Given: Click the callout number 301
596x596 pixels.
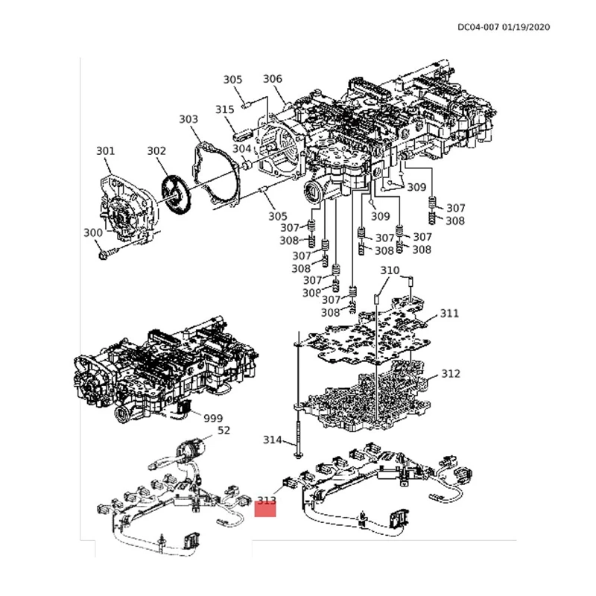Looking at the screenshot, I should point(105,151).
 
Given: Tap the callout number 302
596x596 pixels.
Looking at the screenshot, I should point(156,151).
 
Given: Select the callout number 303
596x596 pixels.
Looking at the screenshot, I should point(188,119).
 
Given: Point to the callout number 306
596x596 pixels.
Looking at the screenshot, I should point(273,80).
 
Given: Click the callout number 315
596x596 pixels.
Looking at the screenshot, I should point(225,110).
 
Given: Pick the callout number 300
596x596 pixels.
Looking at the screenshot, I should point(92,233).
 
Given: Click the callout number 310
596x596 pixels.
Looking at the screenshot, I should point(390,270).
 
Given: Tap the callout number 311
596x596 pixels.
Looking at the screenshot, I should point(450,314).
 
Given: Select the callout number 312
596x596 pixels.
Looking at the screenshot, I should point(451,373).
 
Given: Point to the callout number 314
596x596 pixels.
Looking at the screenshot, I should point(273,440).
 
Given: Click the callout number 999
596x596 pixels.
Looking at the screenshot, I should point(213,419).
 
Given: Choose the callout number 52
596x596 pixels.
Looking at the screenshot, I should point(223,431).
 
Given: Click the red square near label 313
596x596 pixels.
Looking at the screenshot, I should point(266,509).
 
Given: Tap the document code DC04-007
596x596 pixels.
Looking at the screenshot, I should point(478,28).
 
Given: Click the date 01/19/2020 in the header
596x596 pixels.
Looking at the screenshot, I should point(526,28).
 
